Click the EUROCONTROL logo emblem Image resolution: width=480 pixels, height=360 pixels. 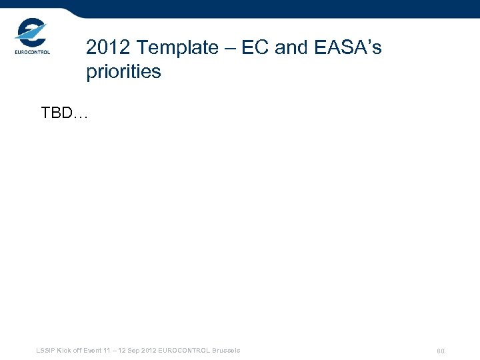pyautogui.click(x=31, y=31)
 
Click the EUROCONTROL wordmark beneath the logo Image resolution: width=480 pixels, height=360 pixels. pyautogui.click(x=32, y=52)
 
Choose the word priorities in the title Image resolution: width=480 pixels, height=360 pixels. pyautogui.click(x=123, y=72)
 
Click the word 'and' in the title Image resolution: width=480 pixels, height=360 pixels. pyautogui.click(x=291, y=48)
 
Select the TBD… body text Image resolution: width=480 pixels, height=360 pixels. pyautogui.click(x=64, y=113)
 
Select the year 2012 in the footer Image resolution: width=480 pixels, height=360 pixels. pyautogui.click(x=150, y=351)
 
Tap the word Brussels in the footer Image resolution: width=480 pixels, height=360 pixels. pyautogui.click(x=227, y=351)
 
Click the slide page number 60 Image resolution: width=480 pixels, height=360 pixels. pyautogui.click(x=441, y=351)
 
